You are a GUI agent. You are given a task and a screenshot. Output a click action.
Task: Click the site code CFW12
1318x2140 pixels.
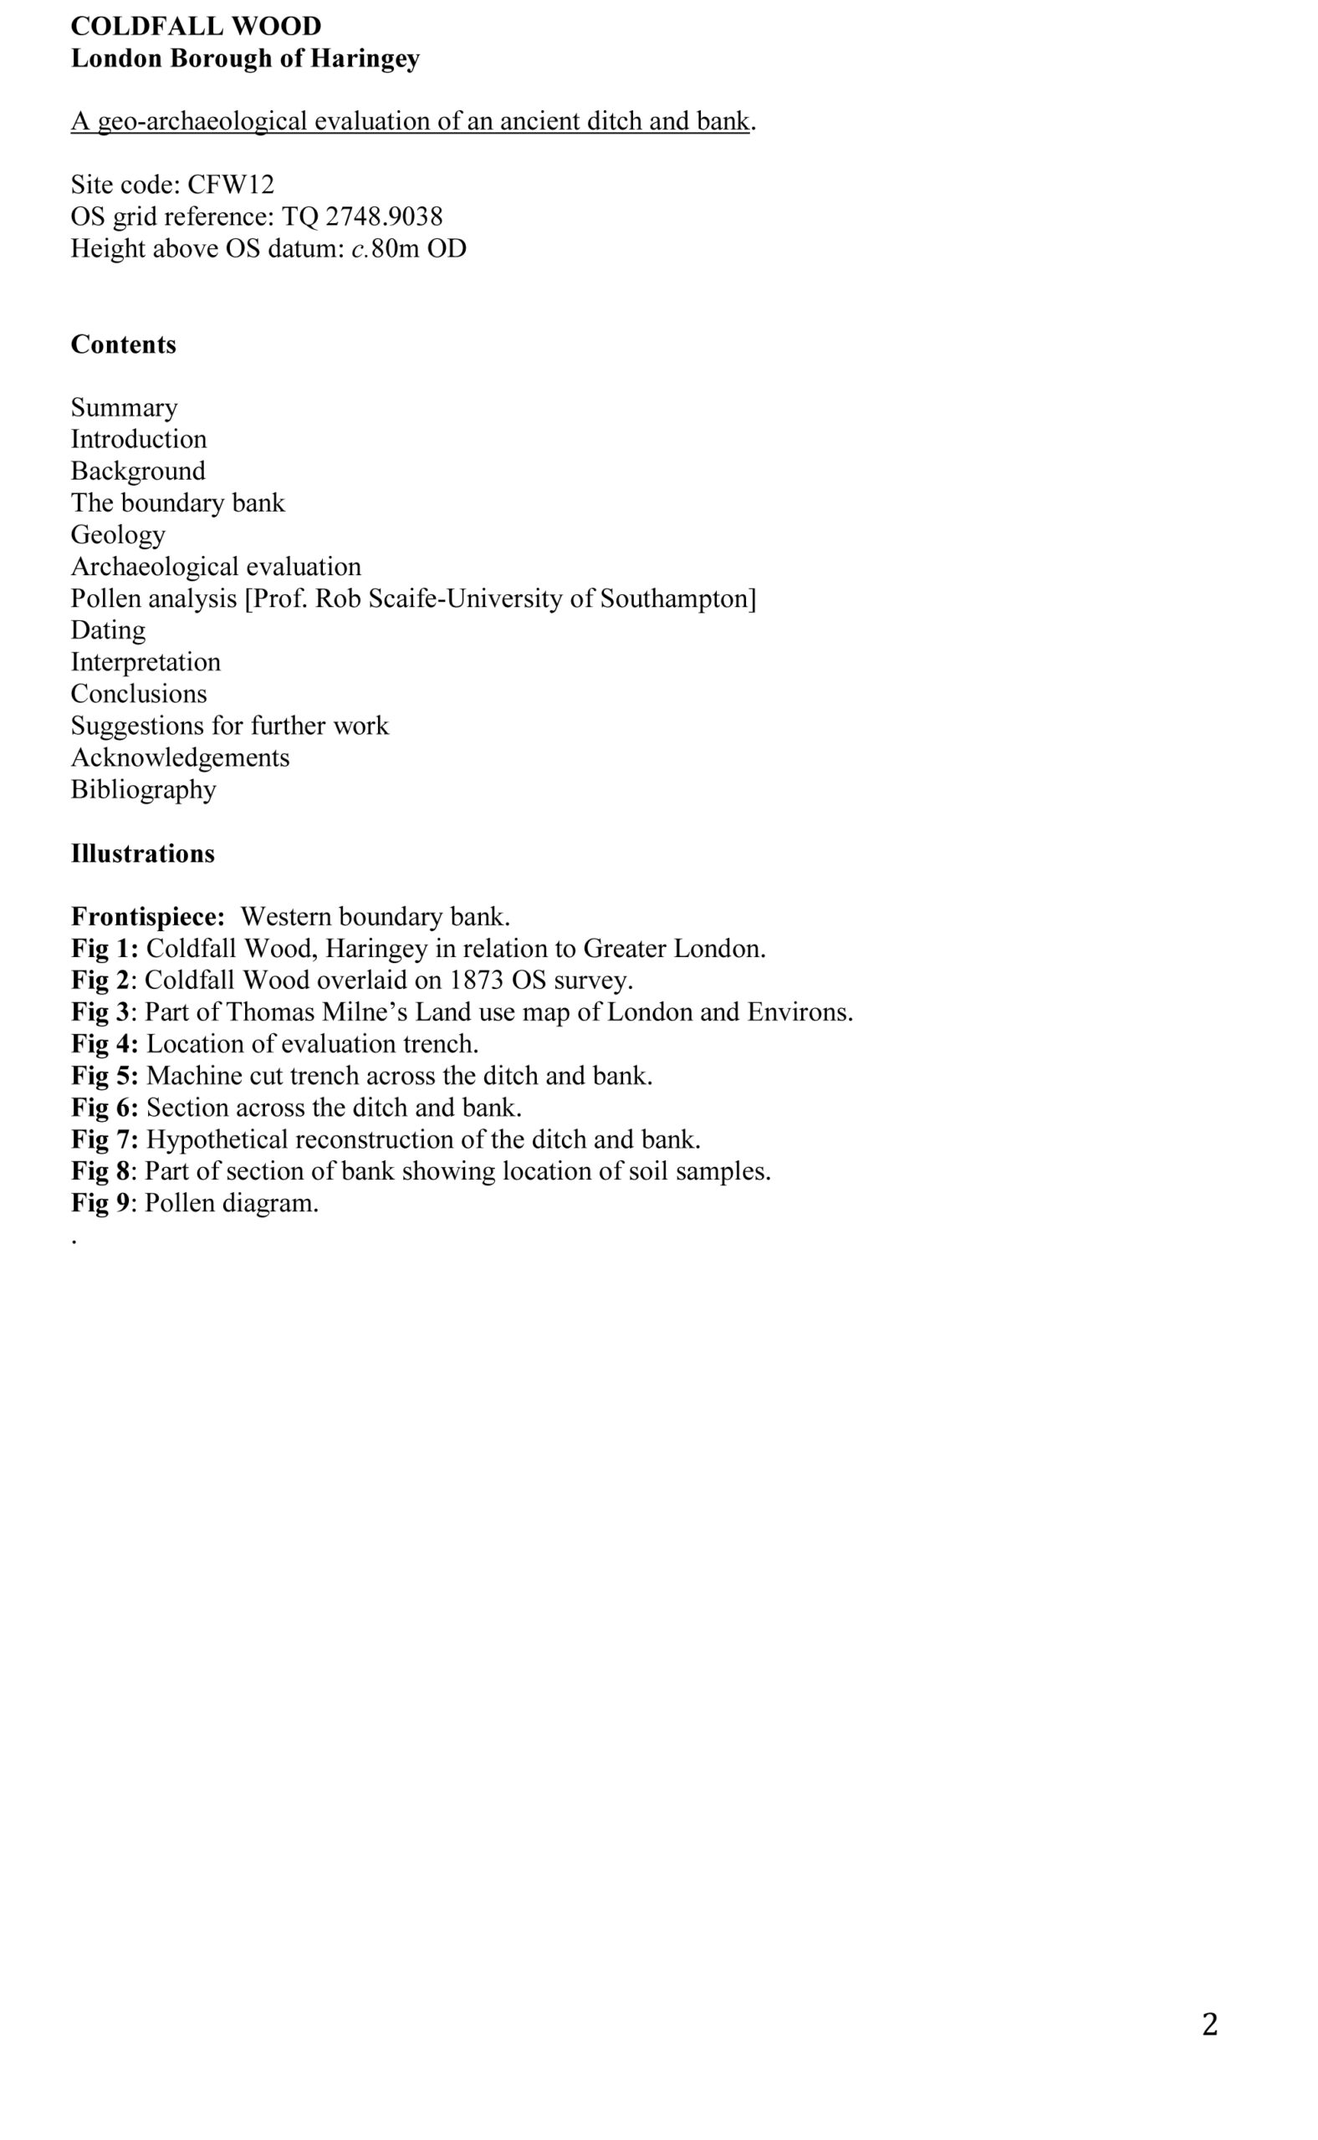230,185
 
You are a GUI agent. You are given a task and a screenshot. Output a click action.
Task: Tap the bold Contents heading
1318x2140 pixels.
123,344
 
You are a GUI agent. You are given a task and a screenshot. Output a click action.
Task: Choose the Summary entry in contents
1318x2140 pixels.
124,408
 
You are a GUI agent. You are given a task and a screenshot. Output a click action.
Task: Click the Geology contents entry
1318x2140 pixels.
118,534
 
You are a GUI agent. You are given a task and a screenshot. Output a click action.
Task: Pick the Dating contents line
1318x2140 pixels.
108,630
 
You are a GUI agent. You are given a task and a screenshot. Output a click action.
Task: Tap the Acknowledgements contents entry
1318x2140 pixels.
180,757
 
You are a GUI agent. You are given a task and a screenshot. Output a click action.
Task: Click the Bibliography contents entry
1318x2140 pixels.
143,789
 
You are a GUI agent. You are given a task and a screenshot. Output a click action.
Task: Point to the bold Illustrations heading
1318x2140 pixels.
142,853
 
